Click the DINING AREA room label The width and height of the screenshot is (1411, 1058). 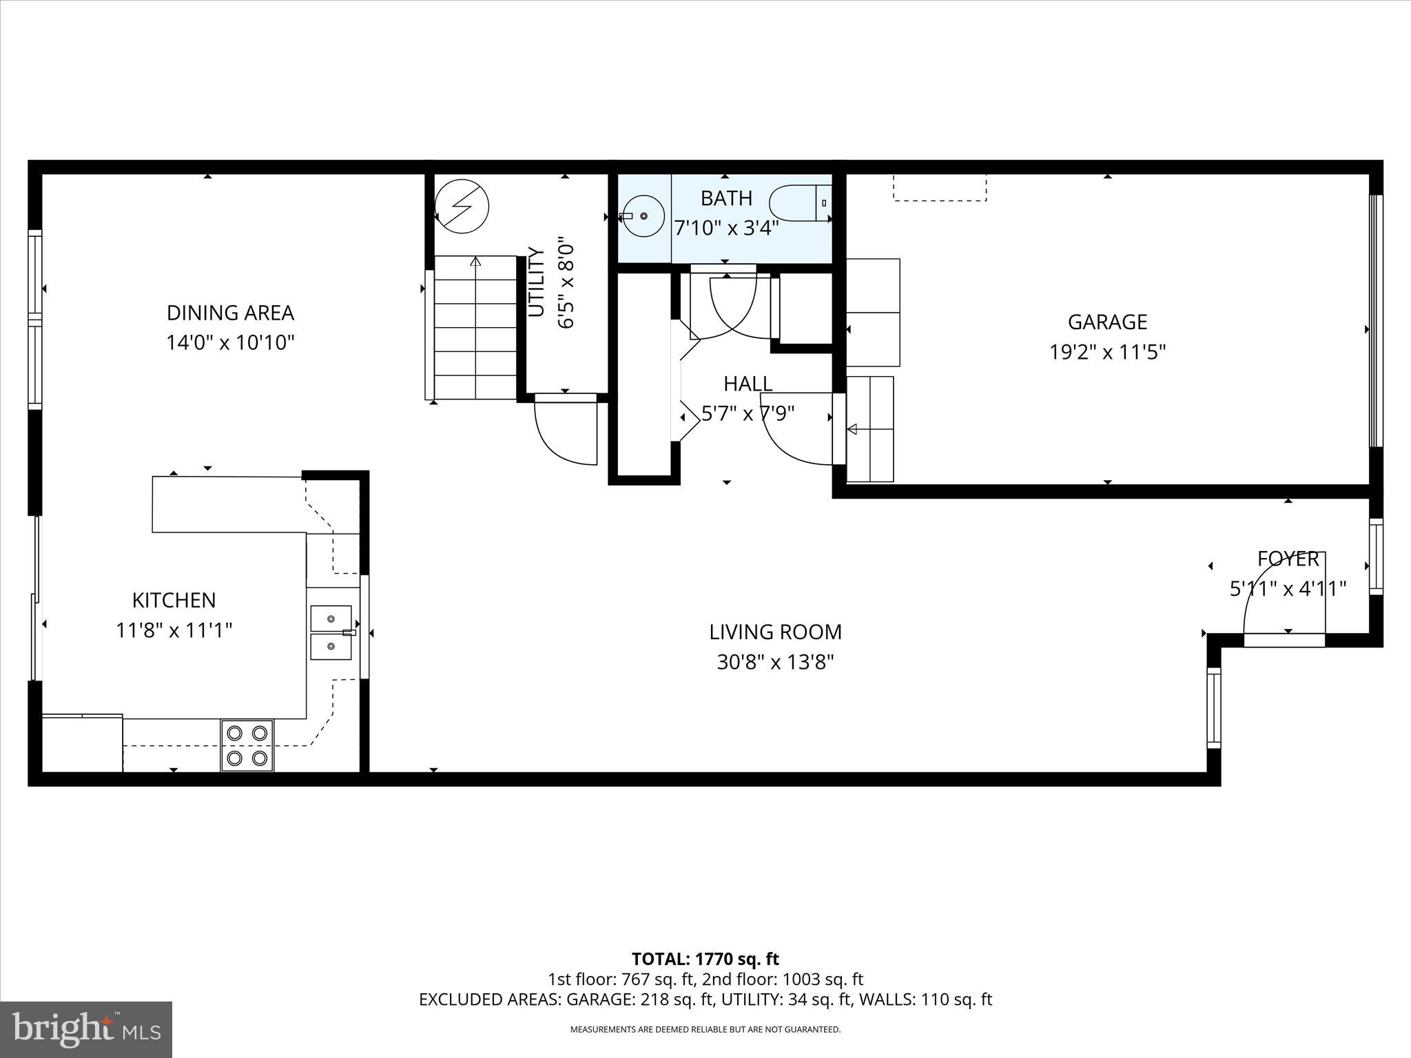(230, 313)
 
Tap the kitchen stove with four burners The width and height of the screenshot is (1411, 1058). (247, 745)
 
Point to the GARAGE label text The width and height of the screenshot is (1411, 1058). (1107, 322)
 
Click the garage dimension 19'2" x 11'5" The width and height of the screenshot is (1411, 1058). (1107, 353)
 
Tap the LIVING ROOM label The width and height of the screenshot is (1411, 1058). (775, 632)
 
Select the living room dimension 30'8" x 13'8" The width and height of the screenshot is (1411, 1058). (775, 663)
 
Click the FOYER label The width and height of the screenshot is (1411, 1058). (1288, 559)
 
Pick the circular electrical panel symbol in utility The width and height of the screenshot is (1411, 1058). (462, 206)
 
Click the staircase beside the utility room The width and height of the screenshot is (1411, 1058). (475, 328)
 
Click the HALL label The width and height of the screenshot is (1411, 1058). (748, 384)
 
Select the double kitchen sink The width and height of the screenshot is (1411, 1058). (331, 632)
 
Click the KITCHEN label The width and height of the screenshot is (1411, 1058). (174, 600)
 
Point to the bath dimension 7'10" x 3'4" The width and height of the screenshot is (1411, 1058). (726, 228)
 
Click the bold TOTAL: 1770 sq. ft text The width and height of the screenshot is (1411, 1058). (705, 959)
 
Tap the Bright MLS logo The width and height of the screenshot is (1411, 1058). (86, 1029)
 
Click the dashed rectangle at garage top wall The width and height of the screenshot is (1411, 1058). (940, 187)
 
